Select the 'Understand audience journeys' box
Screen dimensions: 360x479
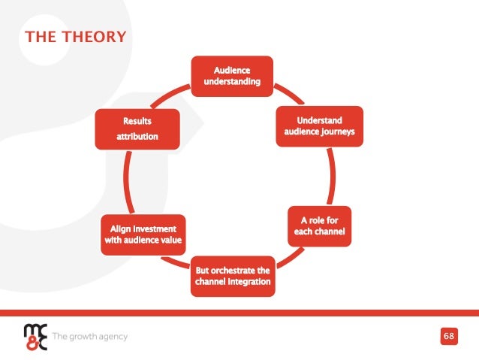tap(319, 126)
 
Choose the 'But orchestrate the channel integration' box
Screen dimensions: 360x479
tap(232, 276)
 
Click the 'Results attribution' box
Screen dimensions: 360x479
tap(137, 129)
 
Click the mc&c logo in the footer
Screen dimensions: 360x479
tap(35, 336)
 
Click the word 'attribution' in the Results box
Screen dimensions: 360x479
tap(137, 138)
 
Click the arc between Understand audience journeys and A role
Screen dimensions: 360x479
tap(339, 177)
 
